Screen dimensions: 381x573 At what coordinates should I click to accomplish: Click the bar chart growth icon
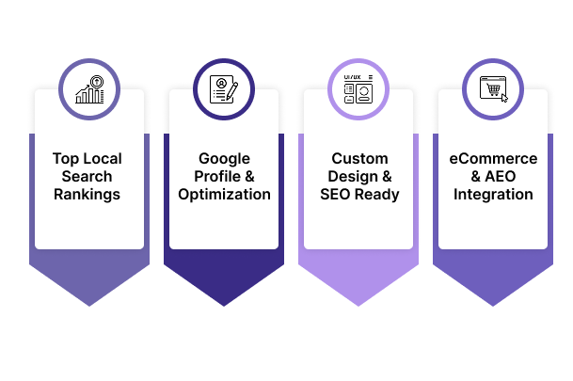coord(89,90)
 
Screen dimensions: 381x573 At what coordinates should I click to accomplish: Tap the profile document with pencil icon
coord(224,90)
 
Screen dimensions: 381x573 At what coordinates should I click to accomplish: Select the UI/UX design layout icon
coord(358,90)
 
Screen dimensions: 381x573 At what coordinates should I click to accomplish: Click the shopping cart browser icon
coord(492,90)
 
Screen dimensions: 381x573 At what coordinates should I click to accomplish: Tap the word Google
coord(224,159)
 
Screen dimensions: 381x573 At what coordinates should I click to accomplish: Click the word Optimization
coord(224,195)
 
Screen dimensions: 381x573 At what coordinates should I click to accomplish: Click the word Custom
coord(358,159)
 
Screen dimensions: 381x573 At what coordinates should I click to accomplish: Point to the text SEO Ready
coord(358,195)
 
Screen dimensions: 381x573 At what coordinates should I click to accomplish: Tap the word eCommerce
coord(492,159)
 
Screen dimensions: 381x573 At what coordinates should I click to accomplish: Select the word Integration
coord(492,195)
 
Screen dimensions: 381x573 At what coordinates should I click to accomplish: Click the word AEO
coord(501,177)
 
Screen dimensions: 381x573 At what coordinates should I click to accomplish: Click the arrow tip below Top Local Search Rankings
coord(89,299)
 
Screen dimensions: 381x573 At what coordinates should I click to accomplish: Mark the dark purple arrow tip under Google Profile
coord(224,299)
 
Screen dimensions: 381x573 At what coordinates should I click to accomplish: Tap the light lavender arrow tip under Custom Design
coord(358,299)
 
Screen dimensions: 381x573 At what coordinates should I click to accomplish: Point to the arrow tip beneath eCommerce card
coord(492,299)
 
